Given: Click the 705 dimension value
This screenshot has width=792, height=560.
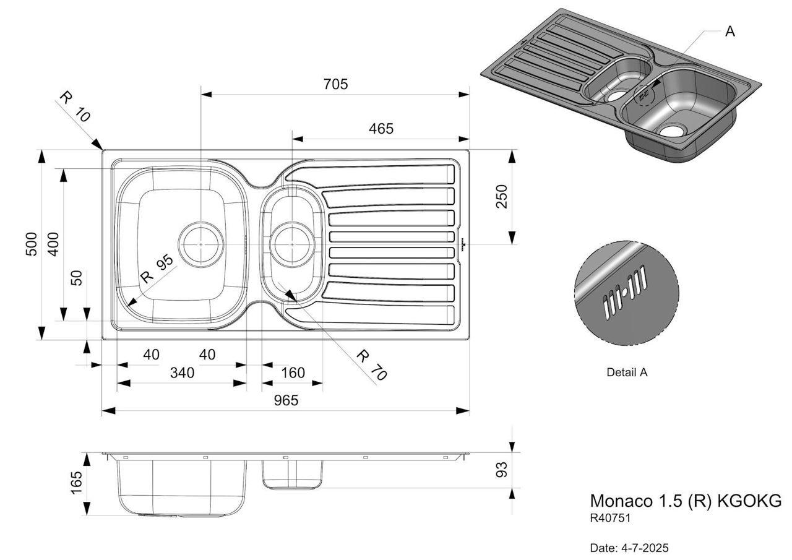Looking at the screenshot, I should (x=335, y=84).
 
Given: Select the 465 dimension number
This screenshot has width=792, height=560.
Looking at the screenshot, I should (x=381, y=129).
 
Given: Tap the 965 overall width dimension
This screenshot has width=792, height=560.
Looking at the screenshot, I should (x=285, y=400).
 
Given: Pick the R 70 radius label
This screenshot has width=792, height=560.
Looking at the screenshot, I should (x=371, y=364).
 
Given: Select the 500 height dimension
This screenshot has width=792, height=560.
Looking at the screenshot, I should (x=32, y=244).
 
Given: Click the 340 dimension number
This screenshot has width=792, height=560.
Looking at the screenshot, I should (x=182, y=373).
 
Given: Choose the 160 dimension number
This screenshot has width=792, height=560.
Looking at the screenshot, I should (x=293, y=373).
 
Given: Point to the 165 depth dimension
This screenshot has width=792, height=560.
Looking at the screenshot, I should (x=76, y=483).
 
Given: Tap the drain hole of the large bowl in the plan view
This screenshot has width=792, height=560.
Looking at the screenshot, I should (x=201, y=244).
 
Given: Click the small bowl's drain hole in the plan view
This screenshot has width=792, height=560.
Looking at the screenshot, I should (x=292, y=244).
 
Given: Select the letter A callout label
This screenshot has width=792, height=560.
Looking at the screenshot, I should (x=730, y=31).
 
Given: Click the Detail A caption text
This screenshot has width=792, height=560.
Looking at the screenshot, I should (x=627, y=373).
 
